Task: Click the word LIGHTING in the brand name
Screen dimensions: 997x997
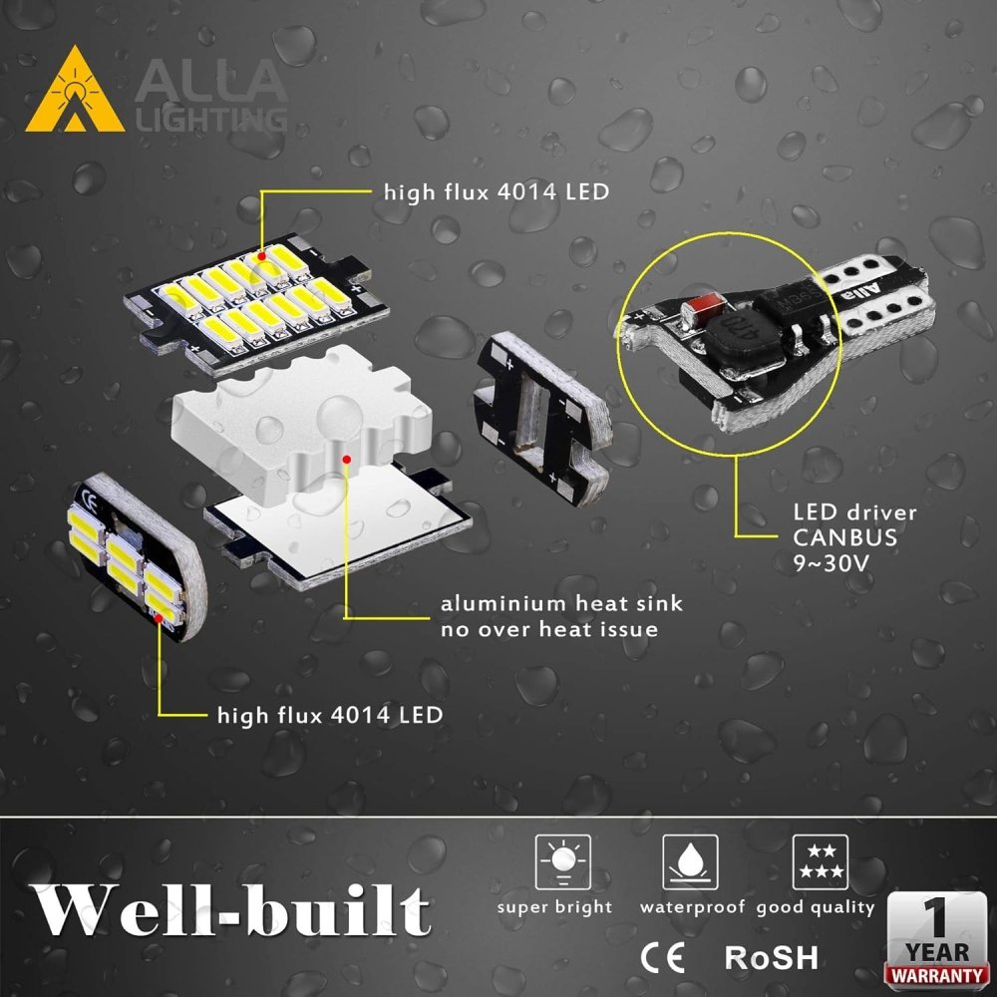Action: click(x=208, y=120)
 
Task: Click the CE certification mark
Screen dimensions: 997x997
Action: click(x=661, y=957)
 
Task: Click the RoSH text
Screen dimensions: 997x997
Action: click(x=771, y=958)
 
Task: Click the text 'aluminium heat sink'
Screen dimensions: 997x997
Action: click(x=562, y=605)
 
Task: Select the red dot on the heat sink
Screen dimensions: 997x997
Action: click(x=346, y=460)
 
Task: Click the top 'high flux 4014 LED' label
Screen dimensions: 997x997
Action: click(x=496, y=191)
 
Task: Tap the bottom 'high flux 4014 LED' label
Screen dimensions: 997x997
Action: click(x=330, y=715)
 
